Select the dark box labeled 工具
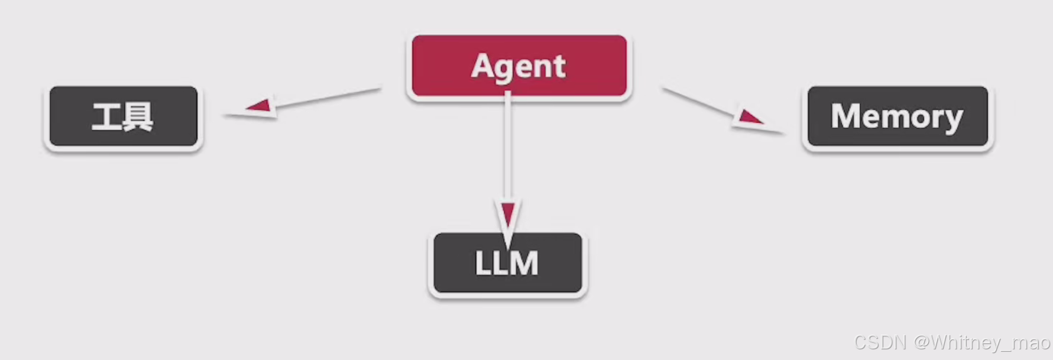coord(123,116)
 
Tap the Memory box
coord(898,116)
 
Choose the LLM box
coord(507,263)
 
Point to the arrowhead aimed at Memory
coord(749,116)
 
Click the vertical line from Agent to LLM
coord(507,148)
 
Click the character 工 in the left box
coord(106,116)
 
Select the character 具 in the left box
coord(140,116)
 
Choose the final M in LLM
coord(525,263)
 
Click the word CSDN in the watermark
coord(880,342)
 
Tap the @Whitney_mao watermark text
coord(981,342)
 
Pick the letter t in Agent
coord(559,66)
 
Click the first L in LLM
coord(482,263)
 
